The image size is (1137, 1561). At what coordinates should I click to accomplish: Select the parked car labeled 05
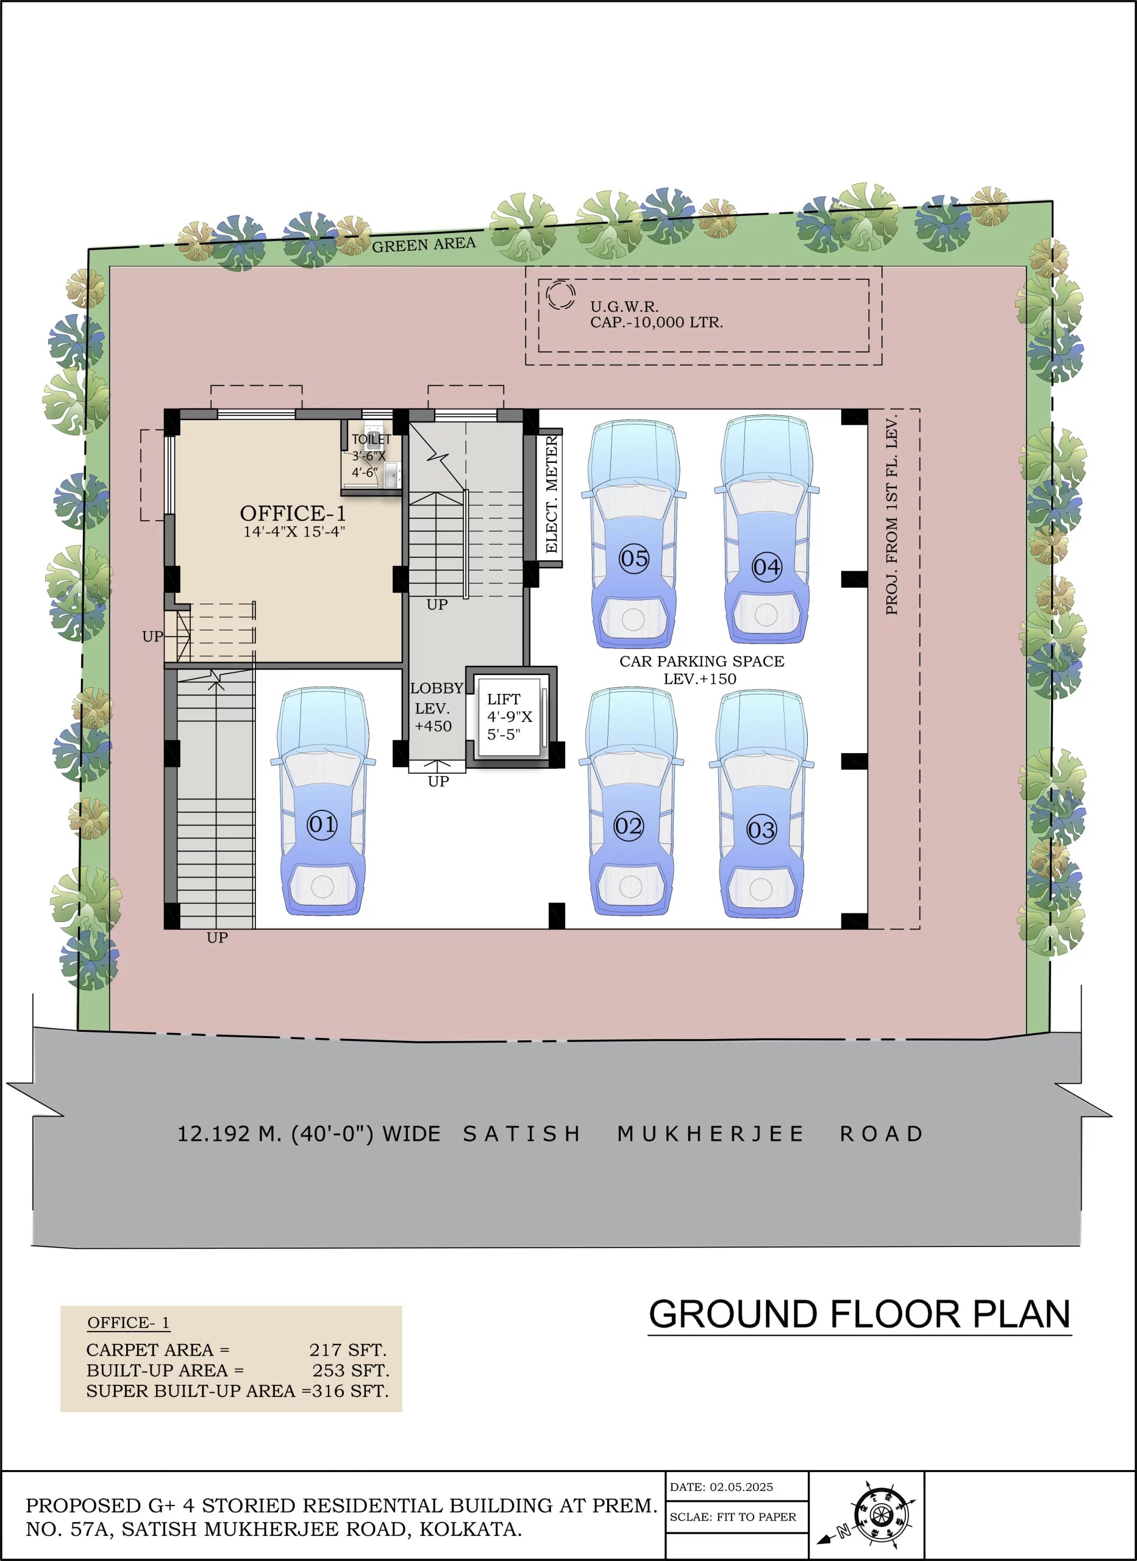(633, 534)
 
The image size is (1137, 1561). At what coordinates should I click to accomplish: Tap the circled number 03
(761, 829)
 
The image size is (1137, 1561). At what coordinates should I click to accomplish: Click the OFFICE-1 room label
(293, 513)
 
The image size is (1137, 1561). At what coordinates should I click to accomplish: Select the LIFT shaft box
(508, 716)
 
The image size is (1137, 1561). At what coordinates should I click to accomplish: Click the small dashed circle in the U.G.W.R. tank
(560, 295)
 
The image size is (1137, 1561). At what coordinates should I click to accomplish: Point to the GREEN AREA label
(423, 245)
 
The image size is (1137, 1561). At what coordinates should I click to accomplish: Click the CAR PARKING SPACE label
(701, 662)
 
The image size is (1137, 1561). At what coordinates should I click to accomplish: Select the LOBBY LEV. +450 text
(434, 707)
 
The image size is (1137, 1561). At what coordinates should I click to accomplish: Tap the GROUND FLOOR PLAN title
(859, 1314)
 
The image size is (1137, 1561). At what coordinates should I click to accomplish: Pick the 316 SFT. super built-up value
(351, 1391)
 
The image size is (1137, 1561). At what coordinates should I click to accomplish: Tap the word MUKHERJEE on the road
(710, 1134)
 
